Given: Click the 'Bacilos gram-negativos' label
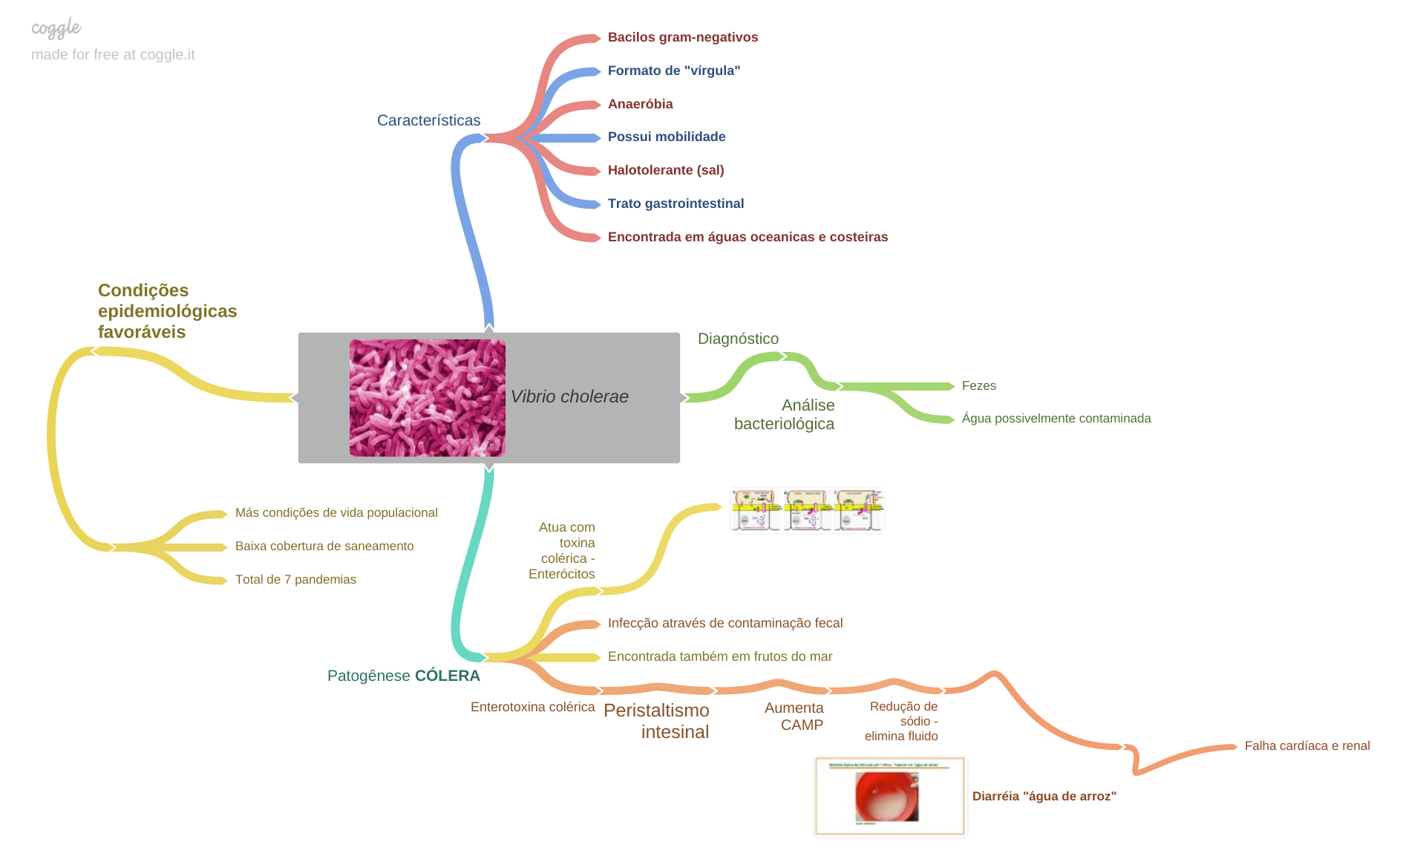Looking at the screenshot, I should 682,37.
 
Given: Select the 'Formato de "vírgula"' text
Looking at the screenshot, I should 673,71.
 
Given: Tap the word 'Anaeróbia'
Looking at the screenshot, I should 640,104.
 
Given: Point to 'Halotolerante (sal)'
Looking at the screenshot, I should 665,170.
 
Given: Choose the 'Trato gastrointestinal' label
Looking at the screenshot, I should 676,203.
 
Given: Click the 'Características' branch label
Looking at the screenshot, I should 428,120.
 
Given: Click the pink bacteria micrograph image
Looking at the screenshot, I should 427,398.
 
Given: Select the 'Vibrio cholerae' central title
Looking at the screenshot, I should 569,396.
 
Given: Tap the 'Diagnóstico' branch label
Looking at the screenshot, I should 738,339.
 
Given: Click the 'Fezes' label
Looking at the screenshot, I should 978,385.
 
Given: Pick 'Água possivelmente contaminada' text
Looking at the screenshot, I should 1056,418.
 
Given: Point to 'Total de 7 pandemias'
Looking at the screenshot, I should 295,579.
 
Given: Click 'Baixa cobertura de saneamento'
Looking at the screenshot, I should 324,546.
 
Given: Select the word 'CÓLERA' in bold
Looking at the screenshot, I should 447,676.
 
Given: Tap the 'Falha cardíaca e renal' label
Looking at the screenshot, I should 1306,745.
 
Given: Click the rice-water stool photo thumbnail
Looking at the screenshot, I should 889,797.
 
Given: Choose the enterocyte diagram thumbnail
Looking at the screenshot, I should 807,510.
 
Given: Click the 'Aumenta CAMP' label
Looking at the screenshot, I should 794,717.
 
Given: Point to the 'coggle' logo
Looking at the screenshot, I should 56,28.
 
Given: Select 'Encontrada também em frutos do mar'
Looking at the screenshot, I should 719,656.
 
